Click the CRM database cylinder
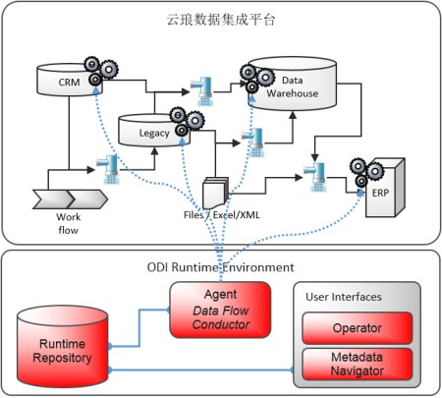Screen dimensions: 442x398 [x=70, y=80]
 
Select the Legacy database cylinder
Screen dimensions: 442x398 [x=153, y=131]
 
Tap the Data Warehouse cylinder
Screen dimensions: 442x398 [x=293, y=84]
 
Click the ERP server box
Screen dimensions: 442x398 [x=385, y=188]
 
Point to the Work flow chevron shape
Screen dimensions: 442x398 [x=70, y=199]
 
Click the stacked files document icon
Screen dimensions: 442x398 [x=215, y=193]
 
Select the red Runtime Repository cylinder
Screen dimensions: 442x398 [x=63, y=347]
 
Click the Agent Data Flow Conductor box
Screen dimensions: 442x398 [x=220, y=310]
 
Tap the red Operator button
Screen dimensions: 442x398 [x=358, y=328]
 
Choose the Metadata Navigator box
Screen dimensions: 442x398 [x=358, y=364]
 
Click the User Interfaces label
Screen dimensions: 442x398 [x=344, y=297]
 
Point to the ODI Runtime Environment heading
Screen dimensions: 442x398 [x=220, y=267]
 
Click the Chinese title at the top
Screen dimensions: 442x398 [x=221, y=20]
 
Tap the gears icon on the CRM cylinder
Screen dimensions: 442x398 [x=101, y=71]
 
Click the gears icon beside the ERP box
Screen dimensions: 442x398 [x=366, y=172]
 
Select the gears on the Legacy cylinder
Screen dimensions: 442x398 [x=187, y=122]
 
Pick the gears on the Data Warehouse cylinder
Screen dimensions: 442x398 [x=257, y=79]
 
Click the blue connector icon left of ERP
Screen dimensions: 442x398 [x=315, y=177]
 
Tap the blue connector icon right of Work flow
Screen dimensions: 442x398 [x=108, y=169]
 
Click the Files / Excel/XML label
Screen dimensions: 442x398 [x=222, y=215]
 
